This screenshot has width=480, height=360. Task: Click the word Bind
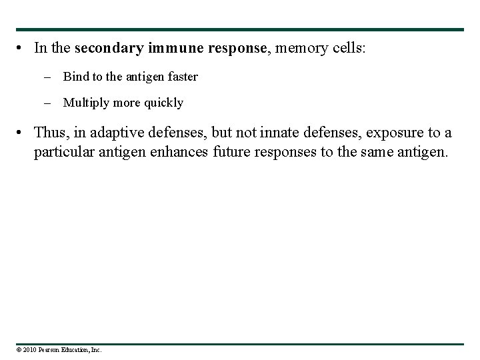pos(75,77)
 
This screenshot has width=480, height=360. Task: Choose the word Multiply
pos(84,103)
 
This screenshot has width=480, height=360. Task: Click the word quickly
pos(164,103)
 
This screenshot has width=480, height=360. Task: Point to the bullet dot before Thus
pos(22,133)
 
